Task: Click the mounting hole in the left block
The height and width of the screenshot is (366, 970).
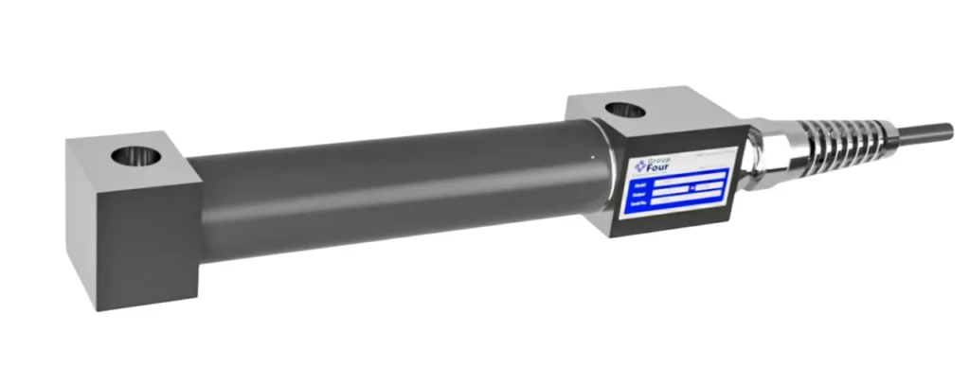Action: (x=130, y=153)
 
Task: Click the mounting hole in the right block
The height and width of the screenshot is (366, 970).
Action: (x=622, y=111)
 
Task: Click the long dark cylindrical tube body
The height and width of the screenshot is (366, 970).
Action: (x=398, y=189)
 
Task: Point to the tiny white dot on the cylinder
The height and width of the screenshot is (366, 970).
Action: (x=590, y=151)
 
